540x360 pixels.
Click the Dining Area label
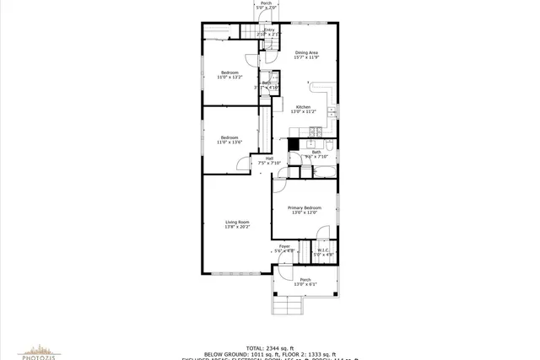[x=305, y=53]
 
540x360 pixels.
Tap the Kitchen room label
[x=303, y=106]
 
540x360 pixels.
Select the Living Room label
[x=237, y=222]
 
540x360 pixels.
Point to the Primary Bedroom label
[x=304, y=207]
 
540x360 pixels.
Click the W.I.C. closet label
[x=323, y=250]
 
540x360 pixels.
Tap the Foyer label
[x=284, y=246]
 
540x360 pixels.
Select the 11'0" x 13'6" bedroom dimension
[x=229, y=142]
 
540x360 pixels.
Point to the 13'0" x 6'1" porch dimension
[x=305, y=284]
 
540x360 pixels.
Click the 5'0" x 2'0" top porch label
[x=266, y=8]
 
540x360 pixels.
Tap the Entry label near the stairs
[x=269, y=30]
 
